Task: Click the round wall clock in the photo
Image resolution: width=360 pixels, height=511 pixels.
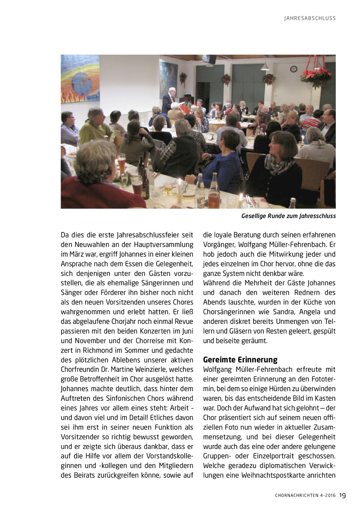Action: click(293, 69)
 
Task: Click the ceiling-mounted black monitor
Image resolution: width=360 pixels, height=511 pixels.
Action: click(209, 59)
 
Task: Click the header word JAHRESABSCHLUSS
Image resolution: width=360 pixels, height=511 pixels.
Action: click(310, 18)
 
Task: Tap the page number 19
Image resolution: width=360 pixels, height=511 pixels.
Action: click(343, 495)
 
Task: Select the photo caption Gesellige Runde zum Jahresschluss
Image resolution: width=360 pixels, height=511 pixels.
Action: click(288, 216)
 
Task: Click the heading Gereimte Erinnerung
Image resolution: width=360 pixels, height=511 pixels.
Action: click(240, 360)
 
